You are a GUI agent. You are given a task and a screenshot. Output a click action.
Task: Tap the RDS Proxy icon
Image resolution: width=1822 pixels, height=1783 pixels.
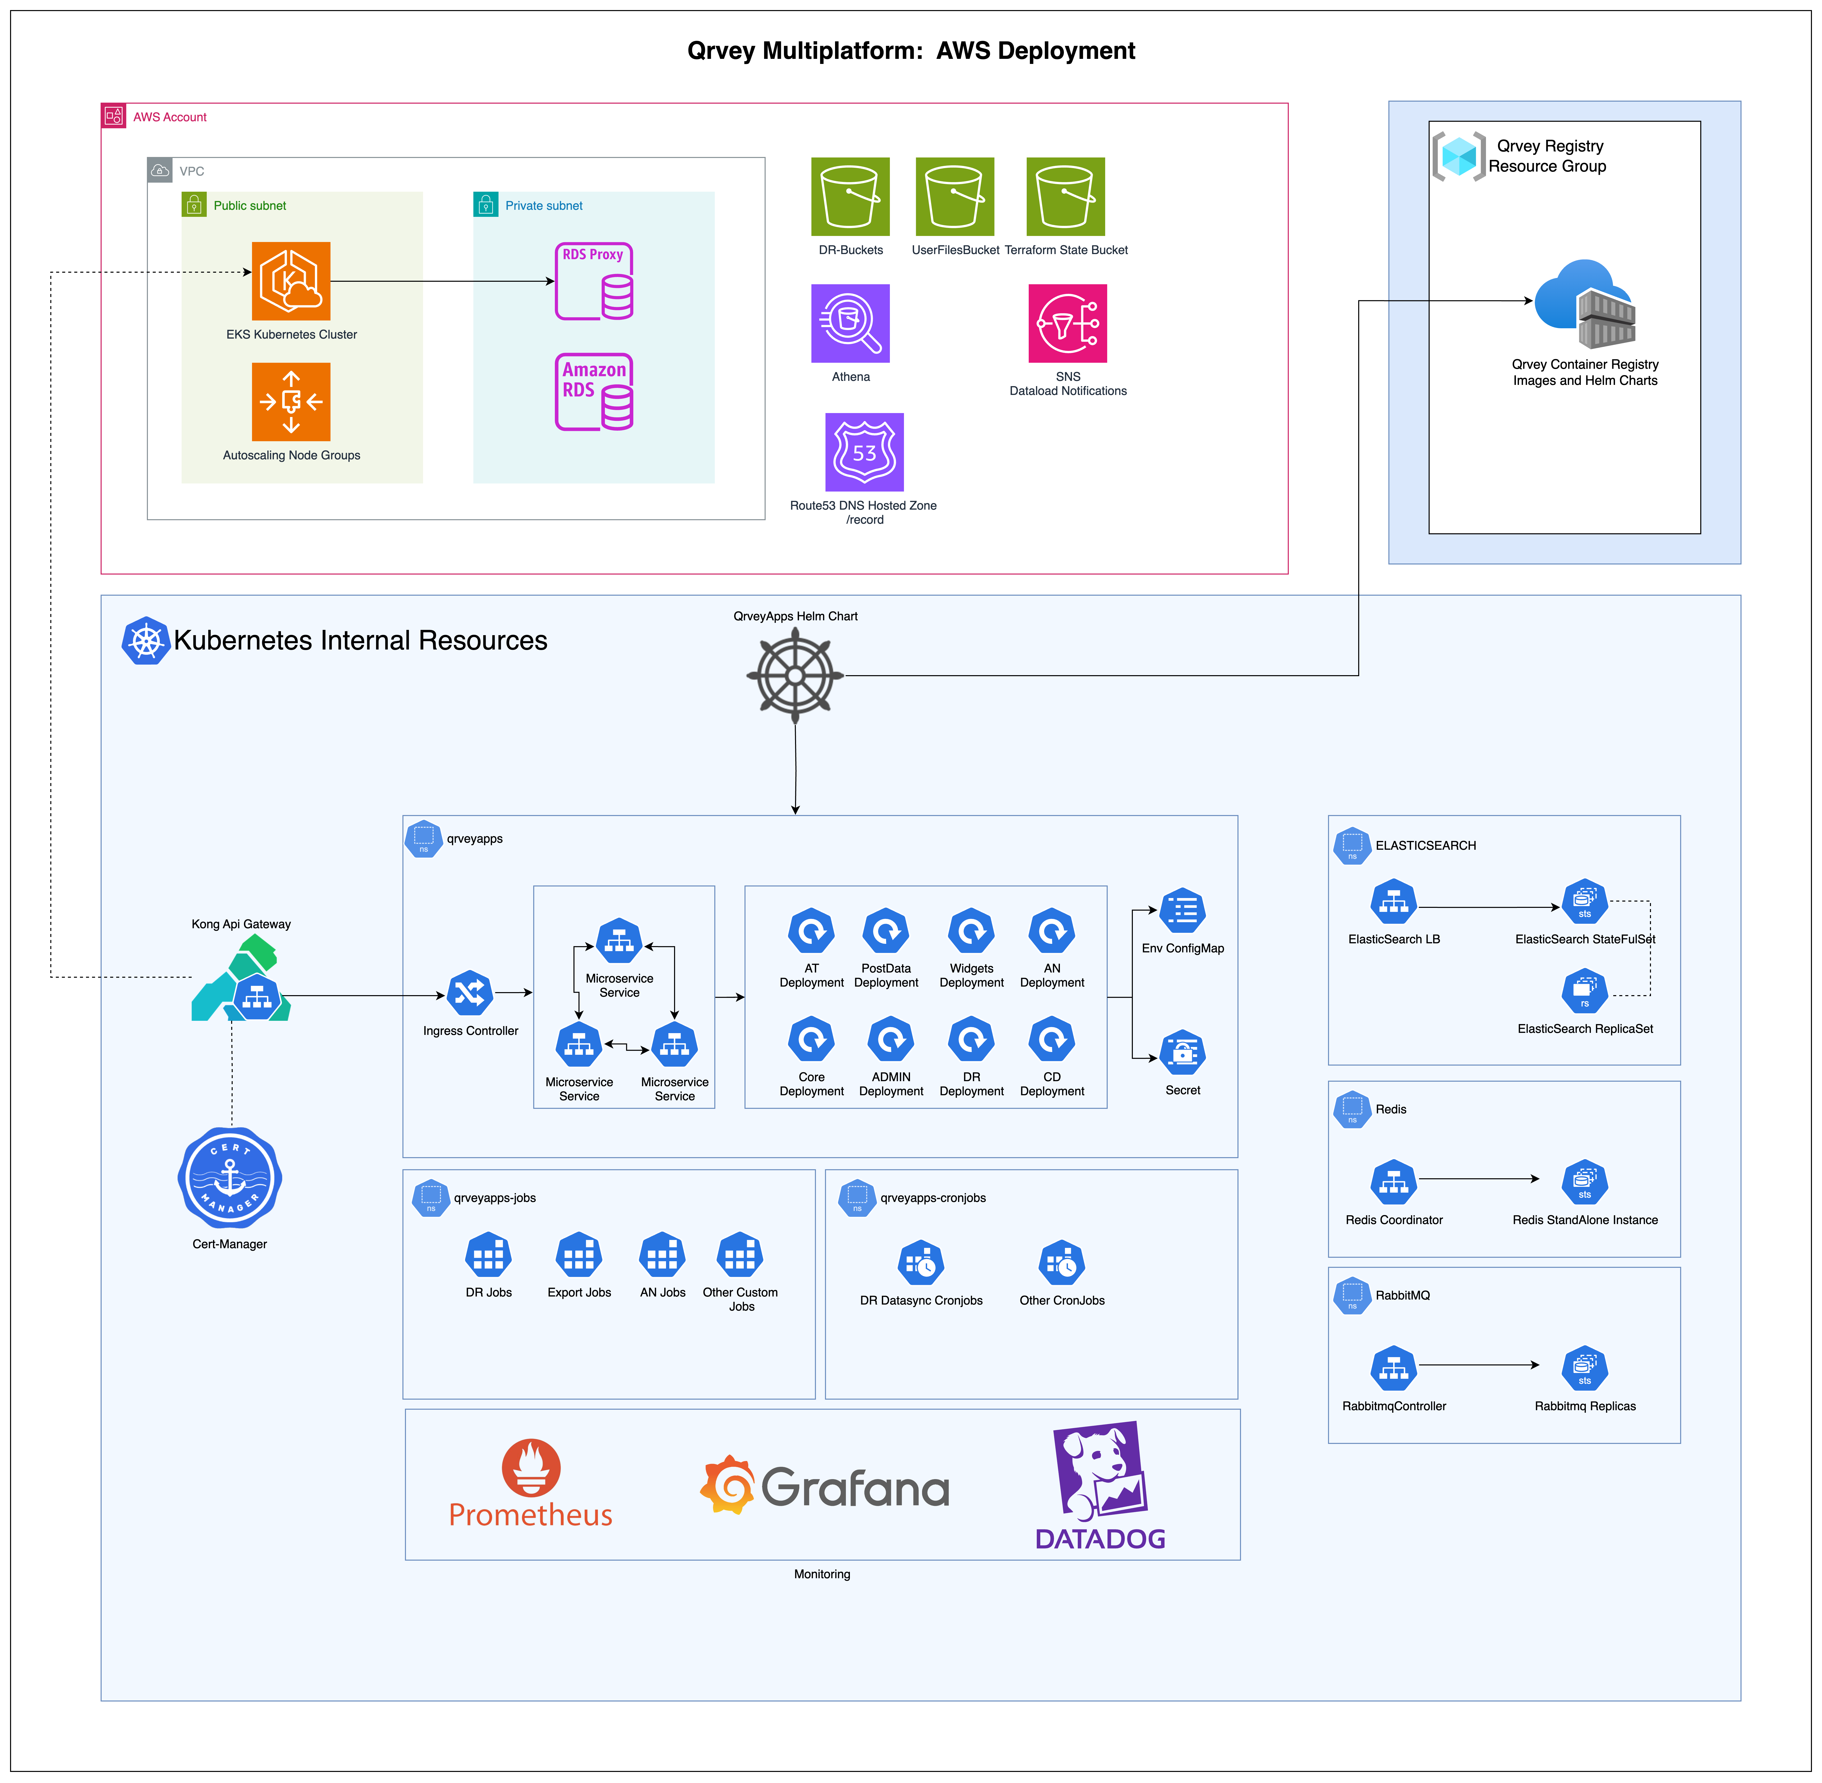tap(594, 281)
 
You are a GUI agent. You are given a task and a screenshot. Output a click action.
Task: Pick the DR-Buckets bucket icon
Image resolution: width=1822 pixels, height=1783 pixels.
tap(850, 197)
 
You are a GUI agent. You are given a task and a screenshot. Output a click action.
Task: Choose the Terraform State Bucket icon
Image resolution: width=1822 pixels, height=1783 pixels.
tap(1065, 197)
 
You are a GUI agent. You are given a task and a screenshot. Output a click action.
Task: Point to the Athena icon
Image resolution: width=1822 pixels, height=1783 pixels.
tap(850, 323)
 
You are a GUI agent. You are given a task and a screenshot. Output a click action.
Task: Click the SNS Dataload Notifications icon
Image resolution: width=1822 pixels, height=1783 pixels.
tap(1067, 323)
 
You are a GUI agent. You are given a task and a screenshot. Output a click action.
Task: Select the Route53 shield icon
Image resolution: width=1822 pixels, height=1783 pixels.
tap(864, 452)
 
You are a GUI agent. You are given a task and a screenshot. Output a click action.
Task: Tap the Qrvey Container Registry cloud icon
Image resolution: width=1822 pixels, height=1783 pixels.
tap(1585, 304)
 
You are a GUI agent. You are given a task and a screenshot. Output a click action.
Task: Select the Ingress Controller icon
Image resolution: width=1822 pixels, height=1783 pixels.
tap(470, 993)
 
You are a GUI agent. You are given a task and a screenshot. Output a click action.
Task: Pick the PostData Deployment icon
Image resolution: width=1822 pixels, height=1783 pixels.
tap(886, 931)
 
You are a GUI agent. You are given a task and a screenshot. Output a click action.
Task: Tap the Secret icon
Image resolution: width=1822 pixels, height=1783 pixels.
tap(1183, 1053)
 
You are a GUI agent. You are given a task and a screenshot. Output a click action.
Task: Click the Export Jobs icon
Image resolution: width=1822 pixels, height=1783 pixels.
tap(579, 1255)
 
